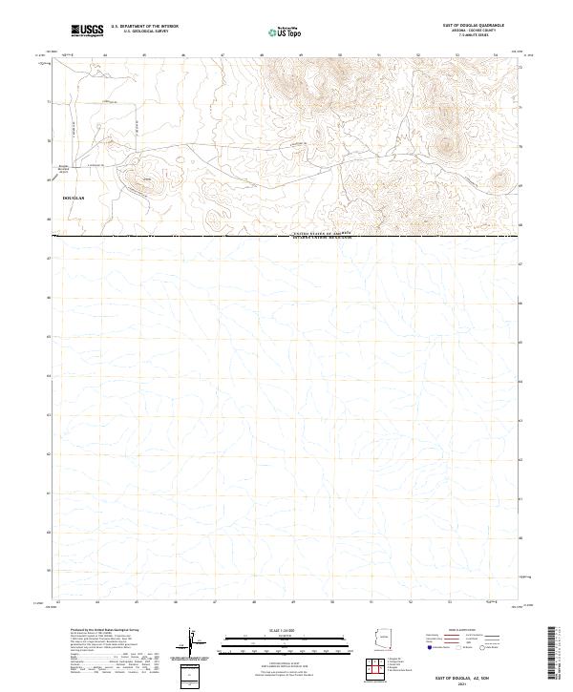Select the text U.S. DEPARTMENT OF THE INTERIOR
(144, 27)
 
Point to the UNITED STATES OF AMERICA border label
(316, 233)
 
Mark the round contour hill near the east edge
(446, 146)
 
